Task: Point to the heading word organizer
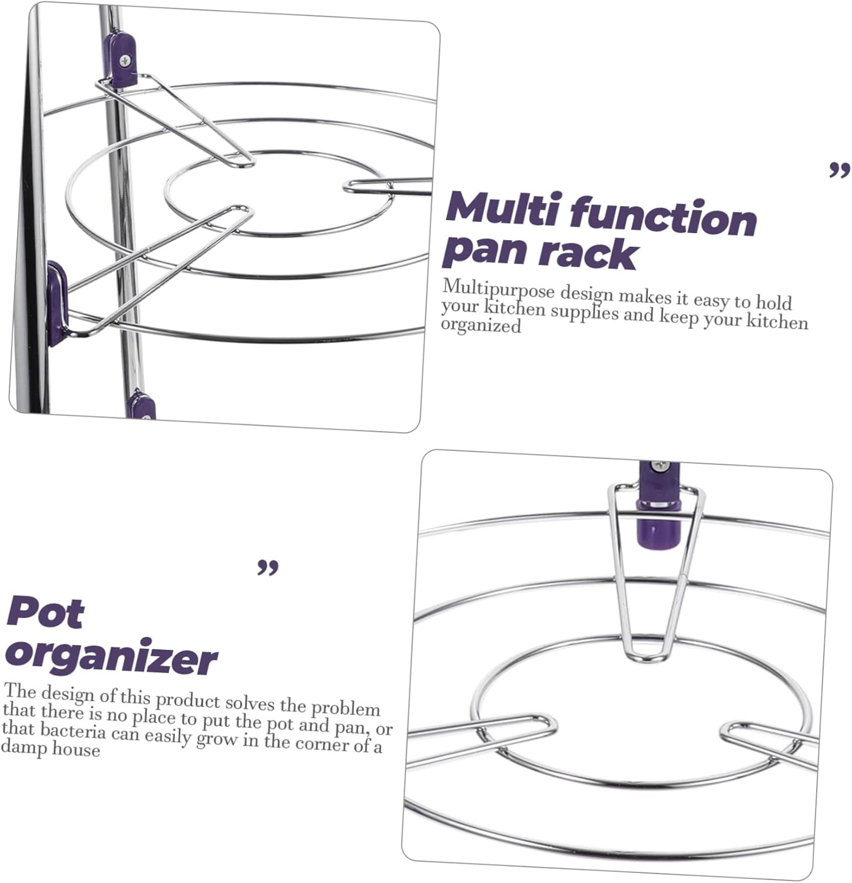[x=112, y=657]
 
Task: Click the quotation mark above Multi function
[x=839, y=171]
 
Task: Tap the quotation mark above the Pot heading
[x=268, y=568]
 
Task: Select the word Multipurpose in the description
[x=498, y=290]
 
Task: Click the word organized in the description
[x=481, y=325]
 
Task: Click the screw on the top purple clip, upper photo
[x=125, y=60]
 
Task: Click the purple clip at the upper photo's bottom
[x=141, y=406]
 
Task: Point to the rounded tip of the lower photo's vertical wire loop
[x=647, y=655]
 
